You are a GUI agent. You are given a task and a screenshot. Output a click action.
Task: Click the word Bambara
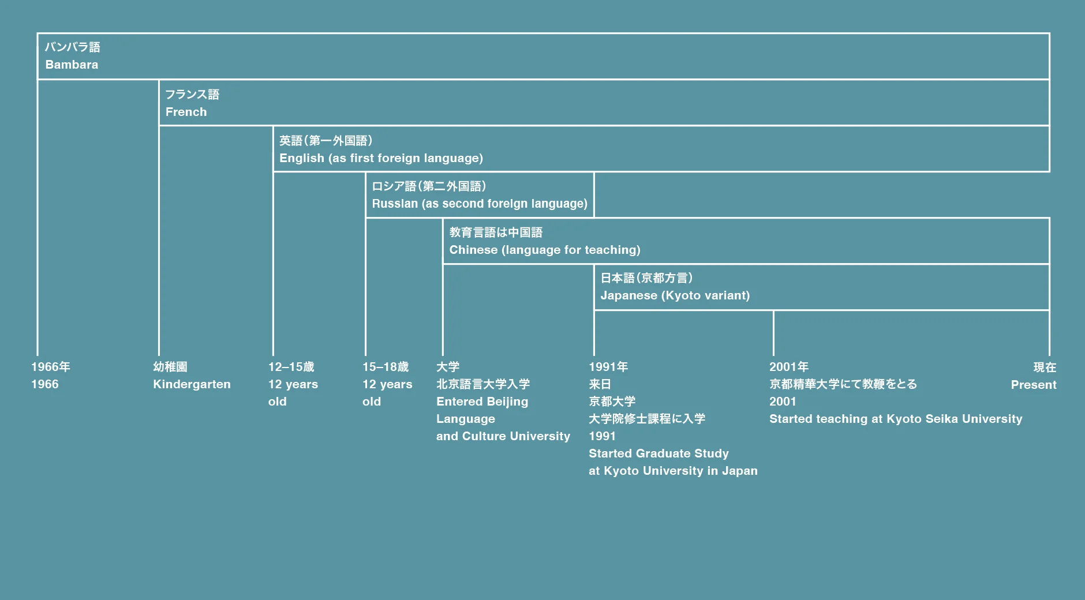pyautogui.click(x=72, y=65)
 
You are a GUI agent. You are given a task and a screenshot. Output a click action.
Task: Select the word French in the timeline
pyautogui.click(x=186, y=112)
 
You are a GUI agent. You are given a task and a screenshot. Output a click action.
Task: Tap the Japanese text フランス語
pyautogui.click(x=192, y=94)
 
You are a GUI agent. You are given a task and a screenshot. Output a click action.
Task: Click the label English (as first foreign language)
pyautogui.click(x=381, y=158)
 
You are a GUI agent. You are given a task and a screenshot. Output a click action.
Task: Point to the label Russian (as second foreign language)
pyautogui.click(x=479, y=204)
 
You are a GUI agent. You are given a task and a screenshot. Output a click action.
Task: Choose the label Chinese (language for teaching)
pyautogui.click(x=544, y=250)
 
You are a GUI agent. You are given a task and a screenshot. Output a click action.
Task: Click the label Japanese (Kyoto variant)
pyautogui.click(x=675, y=295)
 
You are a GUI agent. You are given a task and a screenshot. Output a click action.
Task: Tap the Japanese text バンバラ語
pyautogui.click(x=73, y=47)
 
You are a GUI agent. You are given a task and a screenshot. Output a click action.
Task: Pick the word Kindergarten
pyautogui.click(x=192, y=384)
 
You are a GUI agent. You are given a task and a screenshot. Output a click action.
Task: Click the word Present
pyautogui.click(x=1033, y=385)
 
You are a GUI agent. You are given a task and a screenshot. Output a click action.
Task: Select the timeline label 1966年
pyautogui.click(x=51, y=367)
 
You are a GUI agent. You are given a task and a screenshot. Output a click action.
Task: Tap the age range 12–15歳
pyautogui.click(x=291, y=367)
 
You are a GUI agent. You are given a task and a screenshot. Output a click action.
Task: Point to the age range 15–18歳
pyautogui.click(x=386, y=367)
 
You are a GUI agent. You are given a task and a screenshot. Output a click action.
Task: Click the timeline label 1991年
pyautogui.click(x=608, y=367)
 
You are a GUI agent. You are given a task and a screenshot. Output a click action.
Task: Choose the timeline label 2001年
pyautogui.click(x=789, y=367)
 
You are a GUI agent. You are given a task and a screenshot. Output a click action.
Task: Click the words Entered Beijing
pyautogui.click(x=482, y=402)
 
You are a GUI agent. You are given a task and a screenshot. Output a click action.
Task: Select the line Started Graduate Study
pyautogui.click(x=659, y=453)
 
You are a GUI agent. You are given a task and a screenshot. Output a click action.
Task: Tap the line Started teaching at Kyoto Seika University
pyautogui.click(x=895, y=419)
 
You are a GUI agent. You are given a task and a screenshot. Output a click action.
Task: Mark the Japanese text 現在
pyautogui.click(x=1045, y=367)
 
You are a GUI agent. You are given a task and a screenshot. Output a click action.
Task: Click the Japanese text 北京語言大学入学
pyautogui.click(x=483, y=384)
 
